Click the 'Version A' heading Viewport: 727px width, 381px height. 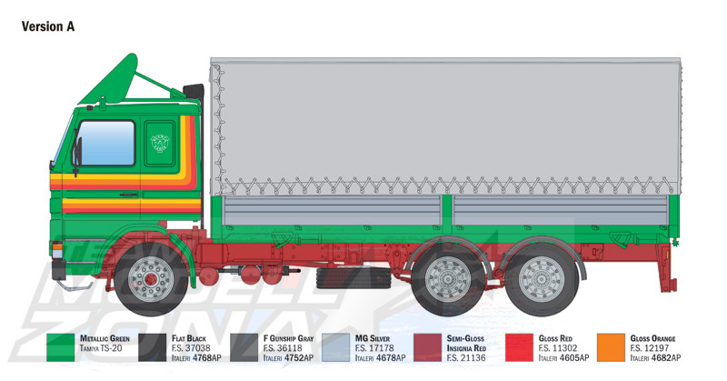tap(48, 26)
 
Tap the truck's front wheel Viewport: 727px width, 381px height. tap(151, 278)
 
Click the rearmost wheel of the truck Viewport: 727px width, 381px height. tap(542, 279)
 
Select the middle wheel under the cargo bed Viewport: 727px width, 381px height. tap(448, 279)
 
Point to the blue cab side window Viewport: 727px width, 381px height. tap(106, 143)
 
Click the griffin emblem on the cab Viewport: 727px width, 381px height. tap(160, 143)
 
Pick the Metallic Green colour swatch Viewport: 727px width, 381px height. tap(60, 347)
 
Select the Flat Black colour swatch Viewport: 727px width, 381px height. tap(152, 347)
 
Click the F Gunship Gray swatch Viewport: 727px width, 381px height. tap(244, 347)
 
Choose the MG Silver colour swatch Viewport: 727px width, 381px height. tap(335, 347)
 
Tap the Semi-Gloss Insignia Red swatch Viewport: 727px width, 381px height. tap(427, 347)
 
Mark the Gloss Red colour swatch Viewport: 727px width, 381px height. tap(519, 347)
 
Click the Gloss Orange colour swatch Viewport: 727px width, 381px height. tap(611, 347)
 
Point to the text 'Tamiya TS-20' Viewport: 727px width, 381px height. tap(101, 348)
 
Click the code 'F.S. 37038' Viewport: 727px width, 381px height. tap(191, 348)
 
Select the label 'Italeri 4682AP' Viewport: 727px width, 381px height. tap(655, 357)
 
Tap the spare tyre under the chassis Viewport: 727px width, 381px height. tap(354, 278)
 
